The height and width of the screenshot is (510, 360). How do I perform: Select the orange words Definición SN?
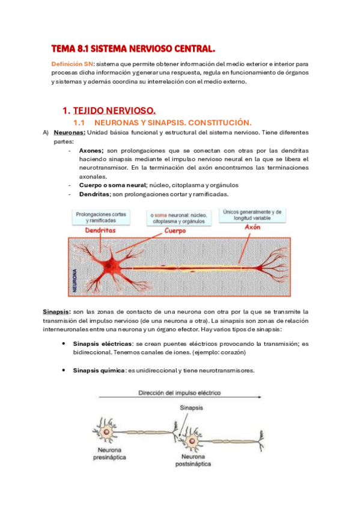click(x=72, y=63)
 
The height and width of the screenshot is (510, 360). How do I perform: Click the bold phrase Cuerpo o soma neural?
click(x=113, y=185)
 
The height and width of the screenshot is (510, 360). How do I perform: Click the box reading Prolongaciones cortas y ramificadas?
click(x=101, y=217)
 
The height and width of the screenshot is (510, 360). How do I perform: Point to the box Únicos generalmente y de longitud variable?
click(x=252, y=215)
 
